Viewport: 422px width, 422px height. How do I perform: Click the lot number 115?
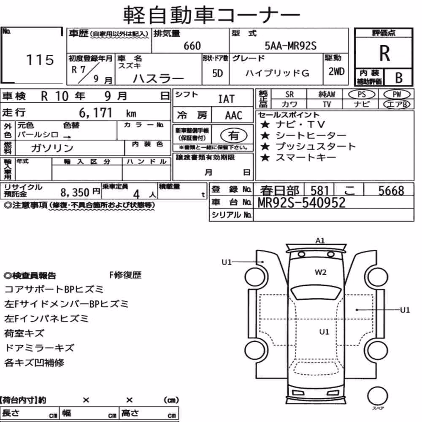tap(40, 60)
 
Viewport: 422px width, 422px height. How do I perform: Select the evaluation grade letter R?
tap(384, 53)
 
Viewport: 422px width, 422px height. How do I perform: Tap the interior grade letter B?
tap(399, 78)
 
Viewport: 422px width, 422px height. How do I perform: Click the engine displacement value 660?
tap(192, 46)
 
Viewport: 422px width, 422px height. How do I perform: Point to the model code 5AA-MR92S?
tap(290, 46)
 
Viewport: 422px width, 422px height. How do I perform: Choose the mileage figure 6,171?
tap(95, 113)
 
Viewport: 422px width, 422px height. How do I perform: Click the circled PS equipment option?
tap(362, 95)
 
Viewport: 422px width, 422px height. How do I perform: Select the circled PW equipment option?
tap(397, 95)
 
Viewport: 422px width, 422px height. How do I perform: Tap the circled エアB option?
tap(397, 104)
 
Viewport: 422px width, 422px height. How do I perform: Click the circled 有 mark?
tap(234, 135)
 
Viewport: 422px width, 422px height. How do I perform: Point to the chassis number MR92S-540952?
tap(301, 203)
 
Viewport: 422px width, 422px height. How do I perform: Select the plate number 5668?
tap(391, 191)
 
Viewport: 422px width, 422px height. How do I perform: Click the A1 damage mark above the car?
tap(320, 241)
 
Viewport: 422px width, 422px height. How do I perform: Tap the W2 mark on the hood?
tap(321, 272)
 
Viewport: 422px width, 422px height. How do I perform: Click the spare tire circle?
tap(377, 396)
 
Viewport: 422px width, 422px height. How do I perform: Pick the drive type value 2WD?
tap(336, 71)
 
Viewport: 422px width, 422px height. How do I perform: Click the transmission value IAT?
tap(226, 99)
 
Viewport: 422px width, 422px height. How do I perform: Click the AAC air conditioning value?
tap(234, 116)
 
